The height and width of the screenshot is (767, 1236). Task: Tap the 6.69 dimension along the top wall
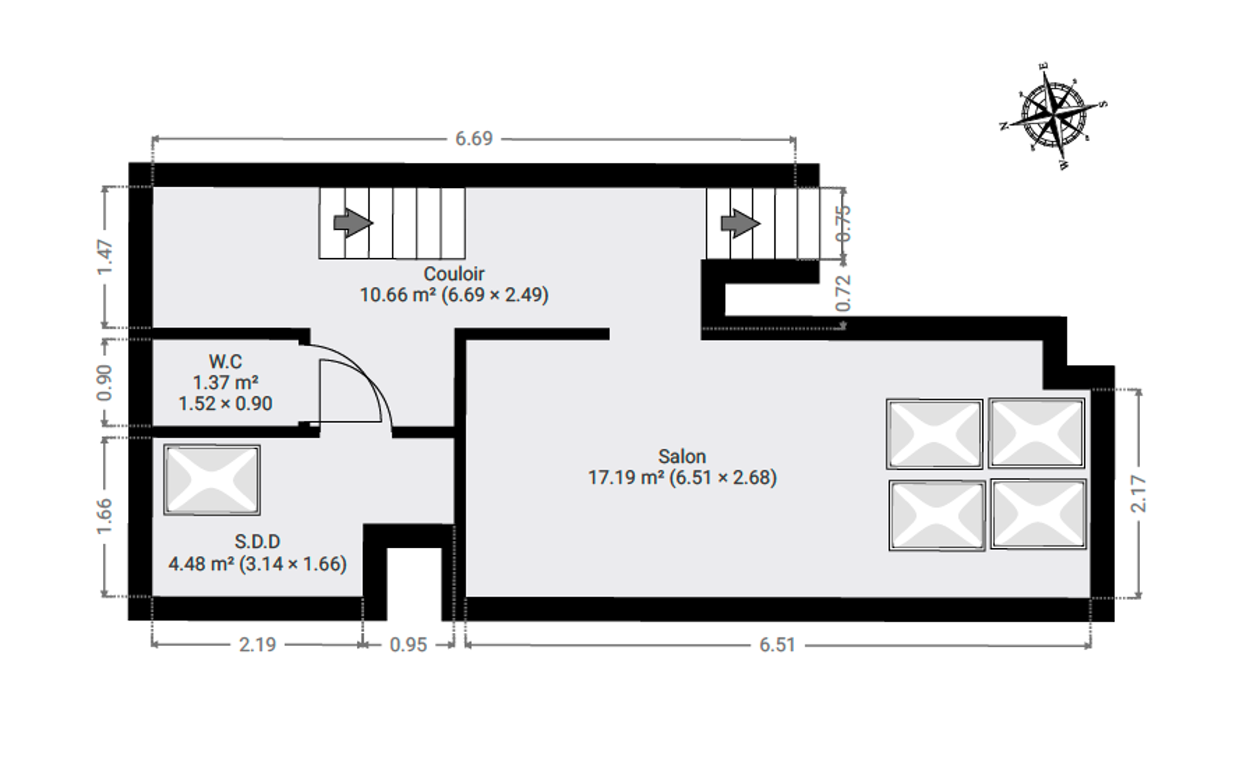(x=474, y=139)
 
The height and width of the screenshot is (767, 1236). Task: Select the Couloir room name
(x=454, y=274)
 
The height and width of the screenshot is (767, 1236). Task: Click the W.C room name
(x=225, y=362)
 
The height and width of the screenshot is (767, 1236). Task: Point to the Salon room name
(x=682, y=456)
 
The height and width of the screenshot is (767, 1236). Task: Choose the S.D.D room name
(x=257, y=542)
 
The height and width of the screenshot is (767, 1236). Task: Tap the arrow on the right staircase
(x=740, y=223)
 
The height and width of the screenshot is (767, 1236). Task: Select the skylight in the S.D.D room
(x=212, y=480)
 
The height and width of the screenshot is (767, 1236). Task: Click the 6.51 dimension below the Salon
(x=778, y=645)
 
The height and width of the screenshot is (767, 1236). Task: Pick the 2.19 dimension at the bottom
(x=258, y=645)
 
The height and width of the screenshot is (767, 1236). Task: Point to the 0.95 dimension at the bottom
(x=408, y=645)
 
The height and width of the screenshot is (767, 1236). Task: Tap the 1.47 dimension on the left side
(x=105, y=257)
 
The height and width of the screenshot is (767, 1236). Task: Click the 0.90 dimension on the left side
(x=105, y=382)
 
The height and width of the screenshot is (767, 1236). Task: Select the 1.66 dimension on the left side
(x=105, y=516)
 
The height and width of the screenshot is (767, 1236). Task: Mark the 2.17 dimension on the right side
(x=1139, y=494)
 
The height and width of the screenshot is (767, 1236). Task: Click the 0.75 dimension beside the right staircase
(x=843, y=223)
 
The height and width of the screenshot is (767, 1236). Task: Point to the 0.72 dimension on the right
(x=843, y=293)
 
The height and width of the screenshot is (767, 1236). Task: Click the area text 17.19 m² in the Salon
(x=625, y=477)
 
